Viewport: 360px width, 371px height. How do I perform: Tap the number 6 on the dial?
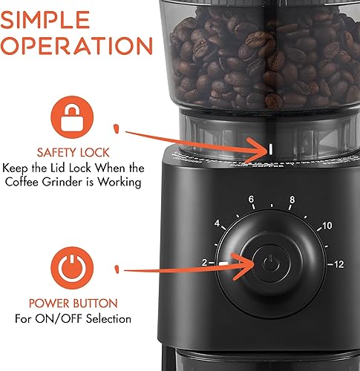coord(252,200)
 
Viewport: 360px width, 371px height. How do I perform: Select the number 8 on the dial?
coord(292,200)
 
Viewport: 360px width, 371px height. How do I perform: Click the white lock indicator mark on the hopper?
coord(270,148)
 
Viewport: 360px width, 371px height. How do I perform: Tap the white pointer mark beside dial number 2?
coord(222,263)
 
